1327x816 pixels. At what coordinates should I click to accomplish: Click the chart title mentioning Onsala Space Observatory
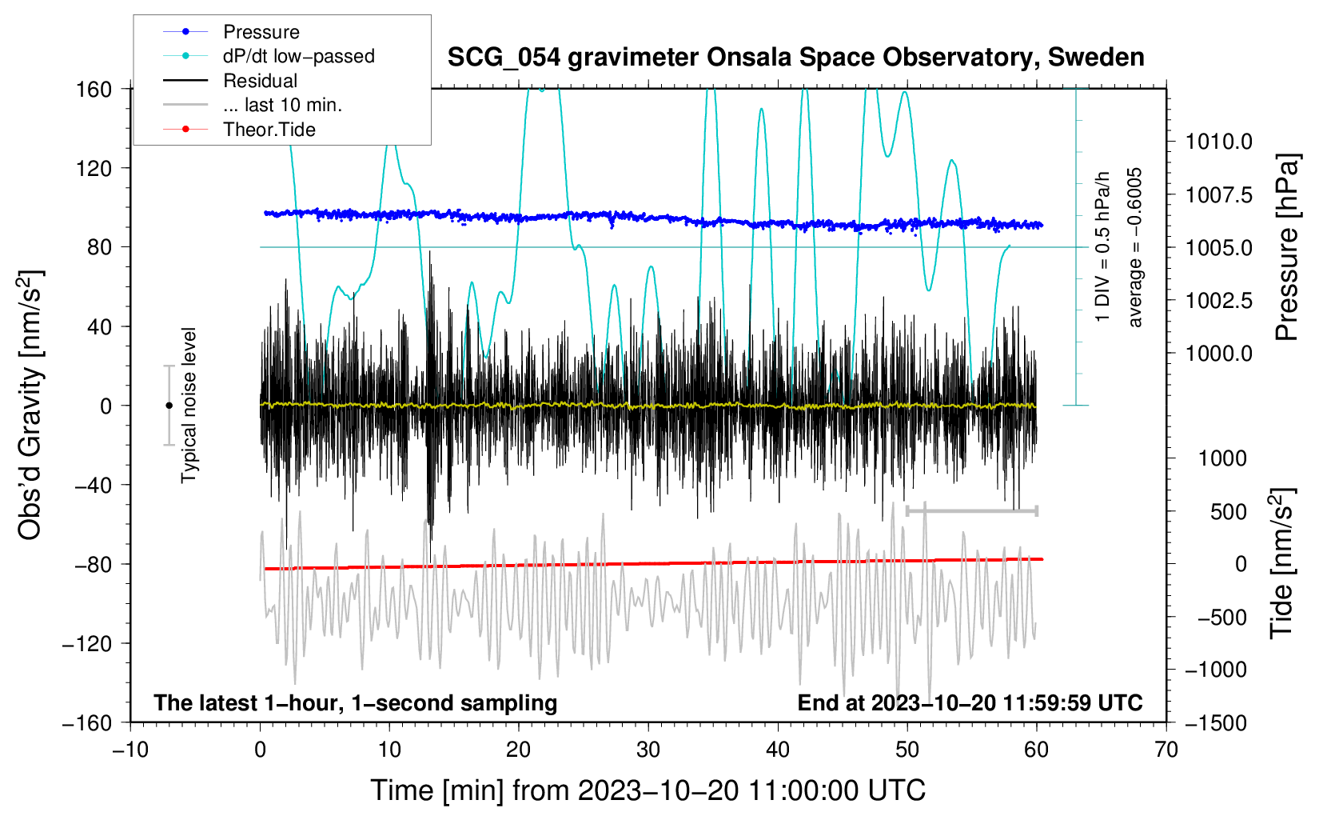coord(795,58)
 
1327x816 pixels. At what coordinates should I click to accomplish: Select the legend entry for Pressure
coord(261,32)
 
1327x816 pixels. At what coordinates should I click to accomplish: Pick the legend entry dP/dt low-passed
coord(298,56)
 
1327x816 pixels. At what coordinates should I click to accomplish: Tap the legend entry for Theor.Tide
coord(269,130)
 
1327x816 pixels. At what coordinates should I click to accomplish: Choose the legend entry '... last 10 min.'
coord(282,105)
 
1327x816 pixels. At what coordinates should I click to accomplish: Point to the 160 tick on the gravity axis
coord(94,89)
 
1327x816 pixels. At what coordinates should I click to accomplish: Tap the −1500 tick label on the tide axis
coord(1215,722)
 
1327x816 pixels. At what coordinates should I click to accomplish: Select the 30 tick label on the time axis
coord(648,750)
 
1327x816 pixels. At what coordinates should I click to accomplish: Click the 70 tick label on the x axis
coord(1166,750)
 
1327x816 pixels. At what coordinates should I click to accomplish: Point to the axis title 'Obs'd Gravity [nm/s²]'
coord(30,406)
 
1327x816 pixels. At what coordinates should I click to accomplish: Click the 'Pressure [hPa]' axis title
coord(1286,248)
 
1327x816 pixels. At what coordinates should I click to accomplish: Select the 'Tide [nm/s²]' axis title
coord(1281,563)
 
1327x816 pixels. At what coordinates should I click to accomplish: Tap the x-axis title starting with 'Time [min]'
coord(648,790)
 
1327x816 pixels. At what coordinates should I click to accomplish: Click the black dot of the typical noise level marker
coord(169,406)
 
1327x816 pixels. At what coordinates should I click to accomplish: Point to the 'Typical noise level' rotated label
coord(189,406)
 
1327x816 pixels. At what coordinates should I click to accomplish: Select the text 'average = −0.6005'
coord(1135,248)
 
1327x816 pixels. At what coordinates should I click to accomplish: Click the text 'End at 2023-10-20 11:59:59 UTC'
coord(970,702)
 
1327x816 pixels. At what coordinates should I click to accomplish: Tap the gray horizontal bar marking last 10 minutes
coord(971,510)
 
